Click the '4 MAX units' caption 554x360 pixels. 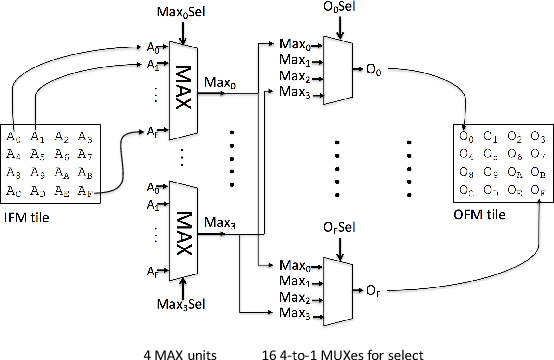click(x=185, y=350)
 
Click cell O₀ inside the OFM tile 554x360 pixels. click(x=465, y=136)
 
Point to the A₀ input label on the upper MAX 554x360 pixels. click(x=151, y=46)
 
